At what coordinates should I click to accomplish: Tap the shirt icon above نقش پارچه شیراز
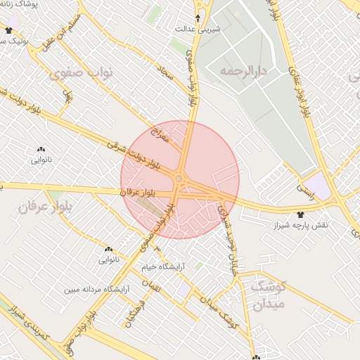[x=301, y=213]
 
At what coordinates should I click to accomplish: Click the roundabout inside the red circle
[x=180, y=180]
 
